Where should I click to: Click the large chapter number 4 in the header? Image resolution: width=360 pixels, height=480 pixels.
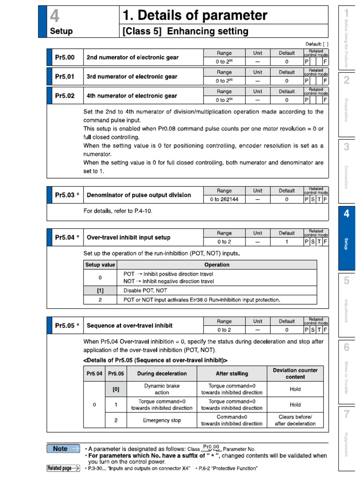click(55, 16)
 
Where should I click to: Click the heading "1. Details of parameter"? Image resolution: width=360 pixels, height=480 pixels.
click(195, 16)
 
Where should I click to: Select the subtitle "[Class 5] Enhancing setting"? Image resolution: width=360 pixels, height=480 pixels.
click(185, 31)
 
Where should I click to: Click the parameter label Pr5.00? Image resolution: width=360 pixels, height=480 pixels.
click(65, 57)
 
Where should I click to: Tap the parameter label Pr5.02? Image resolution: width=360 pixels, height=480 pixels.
click(65, 96)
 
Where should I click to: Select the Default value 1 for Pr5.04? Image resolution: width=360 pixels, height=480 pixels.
click(286, 242)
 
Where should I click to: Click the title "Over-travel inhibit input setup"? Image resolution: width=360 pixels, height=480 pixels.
click(128, 238)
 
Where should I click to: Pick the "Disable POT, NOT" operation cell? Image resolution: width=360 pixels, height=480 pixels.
click(145, 290)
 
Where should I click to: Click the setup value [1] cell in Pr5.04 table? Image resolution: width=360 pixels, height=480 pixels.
click(100, 290)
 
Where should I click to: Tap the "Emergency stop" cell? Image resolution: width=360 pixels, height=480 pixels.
click(162, 420)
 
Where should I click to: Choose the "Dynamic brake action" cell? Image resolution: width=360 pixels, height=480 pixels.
click(162, 389)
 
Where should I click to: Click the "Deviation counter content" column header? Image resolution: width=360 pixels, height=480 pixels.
click(295, 373)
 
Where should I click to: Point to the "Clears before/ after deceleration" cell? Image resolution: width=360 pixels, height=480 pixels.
click(295, 420)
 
